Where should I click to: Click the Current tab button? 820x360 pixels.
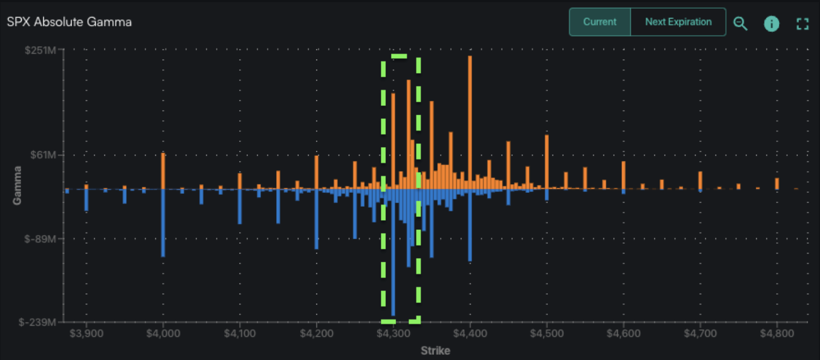pyautogui.click(x=599, y=22)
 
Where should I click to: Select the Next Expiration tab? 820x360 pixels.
pyautogui.click(x=678, y=22)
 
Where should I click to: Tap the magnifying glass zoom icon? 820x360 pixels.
pyautogui.click(x=740, y=23)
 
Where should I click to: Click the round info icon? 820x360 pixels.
pyautogui.click(x=771, y=24)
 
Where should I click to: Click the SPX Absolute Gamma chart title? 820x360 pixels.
pyautogui.click(x=69, y=22)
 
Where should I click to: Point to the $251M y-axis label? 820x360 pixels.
pyautogui.click(x=40, y=50)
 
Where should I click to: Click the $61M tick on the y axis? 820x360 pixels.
pyautogui.click(x=43, y=155)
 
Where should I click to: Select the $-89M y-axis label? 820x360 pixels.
pyautogui.click(x=40, y=239)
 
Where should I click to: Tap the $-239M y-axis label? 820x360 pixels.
pyautogui.click(x=37, y=322)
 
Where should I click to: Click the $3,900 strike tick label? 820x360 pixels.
pyautogui.click(x=86, y=334)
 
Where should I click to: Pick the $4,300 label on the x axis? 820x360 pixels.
pyautogui.click(x=394, y=334)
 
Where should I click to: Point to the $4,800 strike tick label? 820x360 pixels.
pyautogui.click(x=777, y=334)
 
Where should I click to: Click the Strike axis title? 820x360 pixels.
pyautogui.click(x=435, y=351)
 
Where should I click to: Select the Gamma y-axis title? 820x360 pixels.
pyautogui.click(x=17, y=185)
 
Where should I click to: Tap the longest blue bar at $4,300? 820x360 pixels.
pyautogui.click(x=393, y=252)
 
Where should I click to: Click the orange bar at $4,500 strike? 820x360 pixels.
pyautogui.click(x=546, y=161)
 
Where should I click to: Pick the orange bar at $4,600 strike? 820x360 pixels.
pyautogui.click(x=623, y=175)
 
